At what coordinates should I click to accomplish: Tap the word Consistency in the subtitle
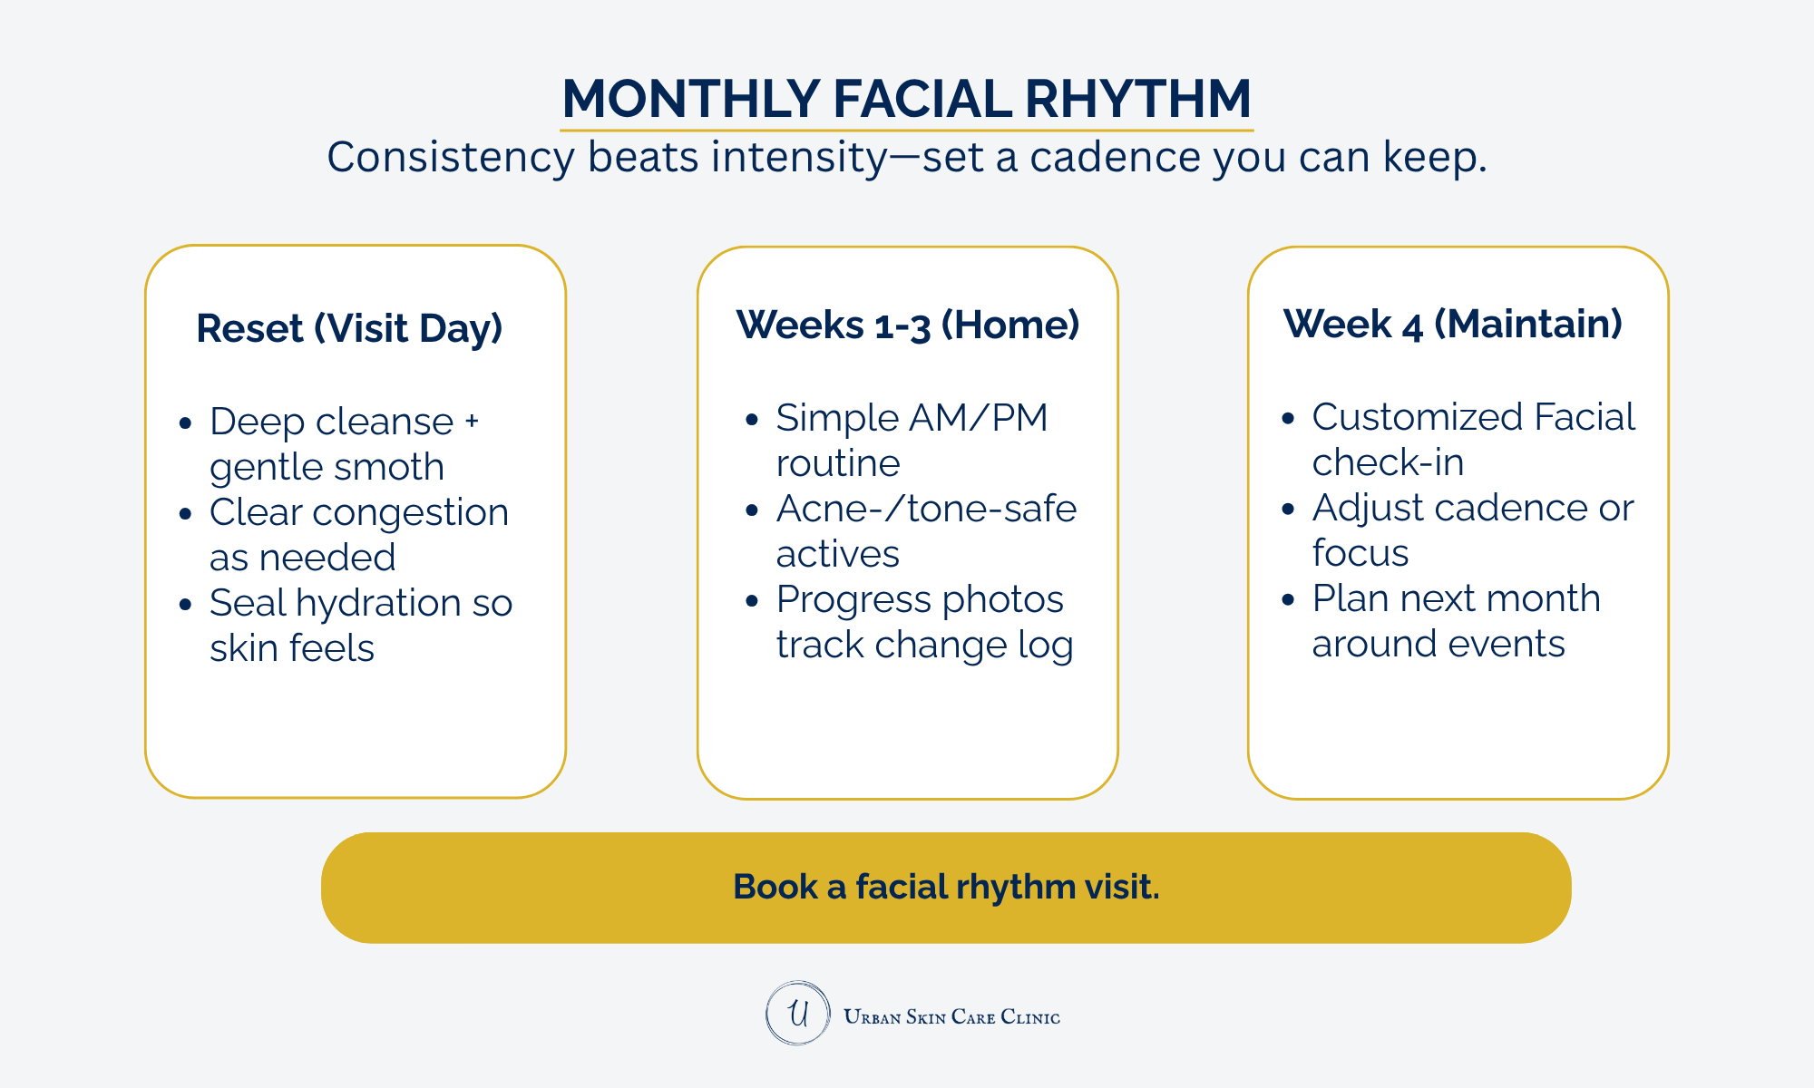pyautogui.click(x=451, y=158)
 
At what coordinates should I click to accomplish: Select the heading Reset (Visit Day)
pyautogui.click(x=349, y=328)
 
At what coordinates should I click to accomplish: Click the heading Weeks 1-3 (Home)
pyautogui.click(x=908, y=325)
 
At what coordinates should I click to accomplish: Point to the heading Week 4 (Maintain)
pyautogui.click(x=1453, y=324)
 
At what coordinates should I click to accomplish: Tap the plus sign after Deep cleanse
pyautogui.click(x=472, y=422)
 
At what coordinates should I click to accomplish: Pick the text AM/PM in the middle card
pyautogui.click(x=979, y=418)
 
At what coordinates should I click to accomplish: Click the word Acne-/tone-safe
pyautogui.click(x=926, y=509)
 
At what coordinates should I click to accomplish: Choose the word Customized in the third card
pyautogui.click(x=1417, y=417)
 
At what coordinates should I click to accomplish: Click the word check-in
pyautogui.click(x=1388, y=462)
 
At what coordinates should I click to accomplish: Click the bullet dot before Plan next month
pyautogui.click(x=1288, y=599)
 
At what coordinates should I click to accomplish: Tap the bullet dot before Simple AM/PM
pyautogui.click(x=751, y=419)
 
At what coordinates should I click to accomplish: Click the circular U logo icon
pyautogui.click(x=798, y=1013)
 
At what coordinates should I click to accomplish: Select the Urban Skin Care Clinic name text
pyautogui.click(x=951, y=1016)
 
